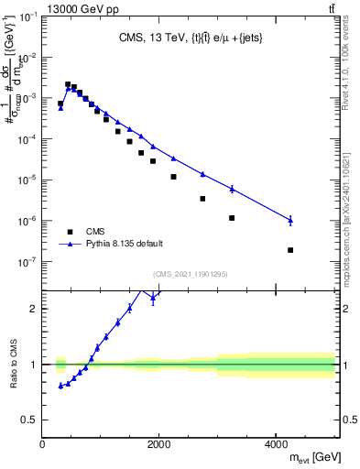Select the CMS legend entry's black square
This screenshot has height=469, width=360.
70,232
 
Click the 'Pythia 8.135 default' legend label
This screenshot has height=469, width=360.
125,244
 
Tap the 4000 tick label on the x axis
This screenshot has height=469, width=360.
276,444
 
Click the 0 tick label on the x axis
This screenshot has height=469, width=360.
42,444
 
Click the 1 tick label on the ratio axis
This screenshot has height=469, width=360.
33,365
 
